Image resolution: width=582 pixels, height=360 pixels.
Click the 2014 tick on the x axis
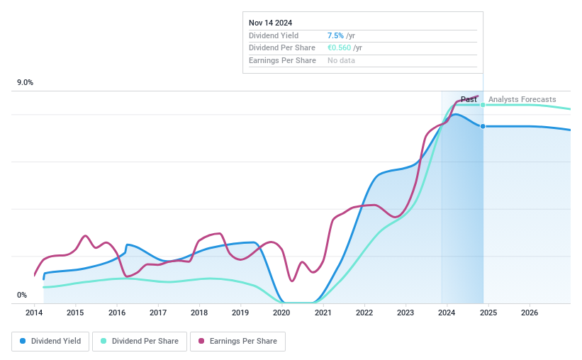click(34, 313)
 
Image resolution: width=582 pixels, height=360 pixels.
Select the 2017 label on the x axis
click(158, 313)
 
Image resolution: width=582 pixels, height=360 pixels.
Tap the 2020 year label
click(281, 313)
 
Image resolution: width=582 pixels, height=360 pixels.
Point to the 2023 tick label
click(405, 313)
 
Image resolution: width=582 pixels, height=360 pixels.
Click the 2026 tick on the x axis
click(529, 313)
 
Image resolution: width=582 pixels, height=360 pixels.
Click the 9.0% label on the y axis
click(25, 83)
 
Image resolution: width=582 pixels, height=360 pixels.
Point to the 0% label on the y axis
click(22, 296)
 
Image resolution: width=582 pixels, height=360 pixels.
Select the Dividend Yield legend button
click(50, 342)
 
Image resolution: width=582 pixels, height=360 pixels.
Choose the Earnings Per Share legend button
click(237, 342)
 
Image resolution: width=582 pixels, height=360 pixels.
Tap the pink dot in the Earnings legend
click(201, 342)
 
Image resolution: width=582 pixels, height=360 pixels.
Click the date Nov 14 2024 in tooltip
click(270, 23)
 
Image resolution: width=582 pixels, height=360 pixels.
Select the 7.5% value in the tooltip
click(335, 35)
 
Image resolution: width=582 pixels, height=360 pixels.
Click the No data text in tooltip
click(341, 60)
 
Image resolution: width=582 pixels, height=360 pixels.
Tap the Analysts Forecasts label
click(522, 99)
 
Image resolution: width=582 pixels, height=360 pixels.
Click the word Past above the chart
click(469, 99)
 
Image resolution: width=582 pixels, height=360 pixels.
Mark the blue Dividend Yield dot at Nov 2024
click(483, 126)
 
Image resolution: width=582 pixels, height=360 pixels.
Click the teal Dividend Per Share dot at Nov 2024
click(483, 105)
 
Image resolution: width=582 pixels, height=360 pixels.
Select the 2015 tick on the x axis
click(75, 313)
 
